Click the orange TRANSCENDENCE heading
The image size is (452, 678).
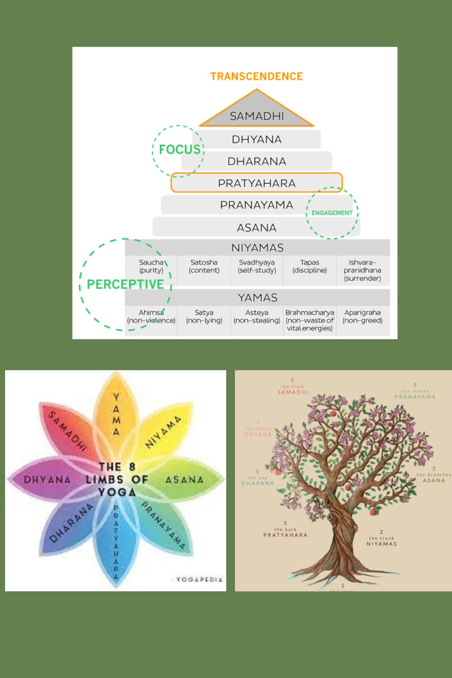tap(256, 76)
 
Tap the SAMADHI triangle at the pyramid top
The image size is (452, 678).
tap(257, 114)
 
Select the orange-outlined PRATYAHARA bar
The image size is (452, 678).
tap(257, 183)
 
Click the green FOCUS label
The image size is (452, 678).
tap(180, 149)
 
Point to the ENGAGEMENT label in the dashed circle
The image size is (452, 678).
tap(332, 213)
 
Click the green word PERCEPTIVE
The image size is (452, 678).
tap(125, 284)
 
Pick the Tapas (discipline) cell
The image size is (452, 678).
tap(310, 266)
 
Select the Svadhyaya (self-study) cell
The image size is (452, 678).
tap(257, 266)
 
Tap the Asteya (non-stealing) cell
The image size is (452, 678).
tap(257, 316)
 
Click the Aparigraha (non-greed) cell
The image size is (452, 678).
tap(362, 316)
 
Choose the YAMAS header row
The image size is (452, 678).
tap(257, 298)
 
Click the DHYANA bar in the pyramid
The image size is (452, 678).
tap(257, 139)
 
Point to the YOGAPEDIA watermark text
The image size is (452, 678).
tap(199, 579)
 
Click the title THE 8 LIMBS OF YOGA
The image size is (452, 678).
tap(117, 479)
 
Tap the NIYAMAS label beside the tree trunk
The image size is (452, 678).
tap(381, 544)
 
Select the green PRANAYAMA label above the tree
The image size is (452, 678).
tap(415, 397)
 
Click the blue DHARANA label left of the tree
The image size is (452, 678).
tap(258, 483)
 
